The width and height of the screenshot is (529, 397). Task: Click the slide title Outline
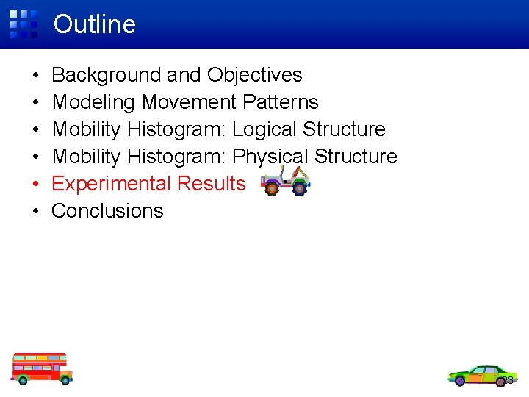(95, 24)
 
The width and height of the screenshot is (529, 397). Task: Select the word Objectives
(255, 75)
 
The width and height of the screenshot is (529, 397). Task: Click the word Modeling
(94, 102)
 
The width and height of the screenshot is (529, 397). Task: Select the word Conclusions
(107, 211)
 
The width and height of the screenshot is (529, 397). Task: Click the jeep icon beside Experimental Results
(285, 181)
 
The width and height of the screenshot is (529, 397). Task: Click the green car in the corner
(481, 375)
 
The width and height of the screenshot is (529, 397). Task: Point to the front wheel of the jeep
(272, 189)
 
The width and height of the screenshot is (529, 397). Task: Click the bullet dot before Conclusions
(35, 212)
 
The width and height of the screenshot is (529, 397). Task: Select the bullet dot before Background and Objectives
(35, 76)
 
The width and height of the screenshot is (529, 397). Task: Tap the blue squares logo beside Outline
(24, 24)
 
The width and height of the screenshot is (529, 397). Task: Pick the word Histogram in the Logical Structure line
(176, 129)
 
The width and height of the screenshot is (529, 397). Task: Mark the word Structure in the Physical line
(356, 157)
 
